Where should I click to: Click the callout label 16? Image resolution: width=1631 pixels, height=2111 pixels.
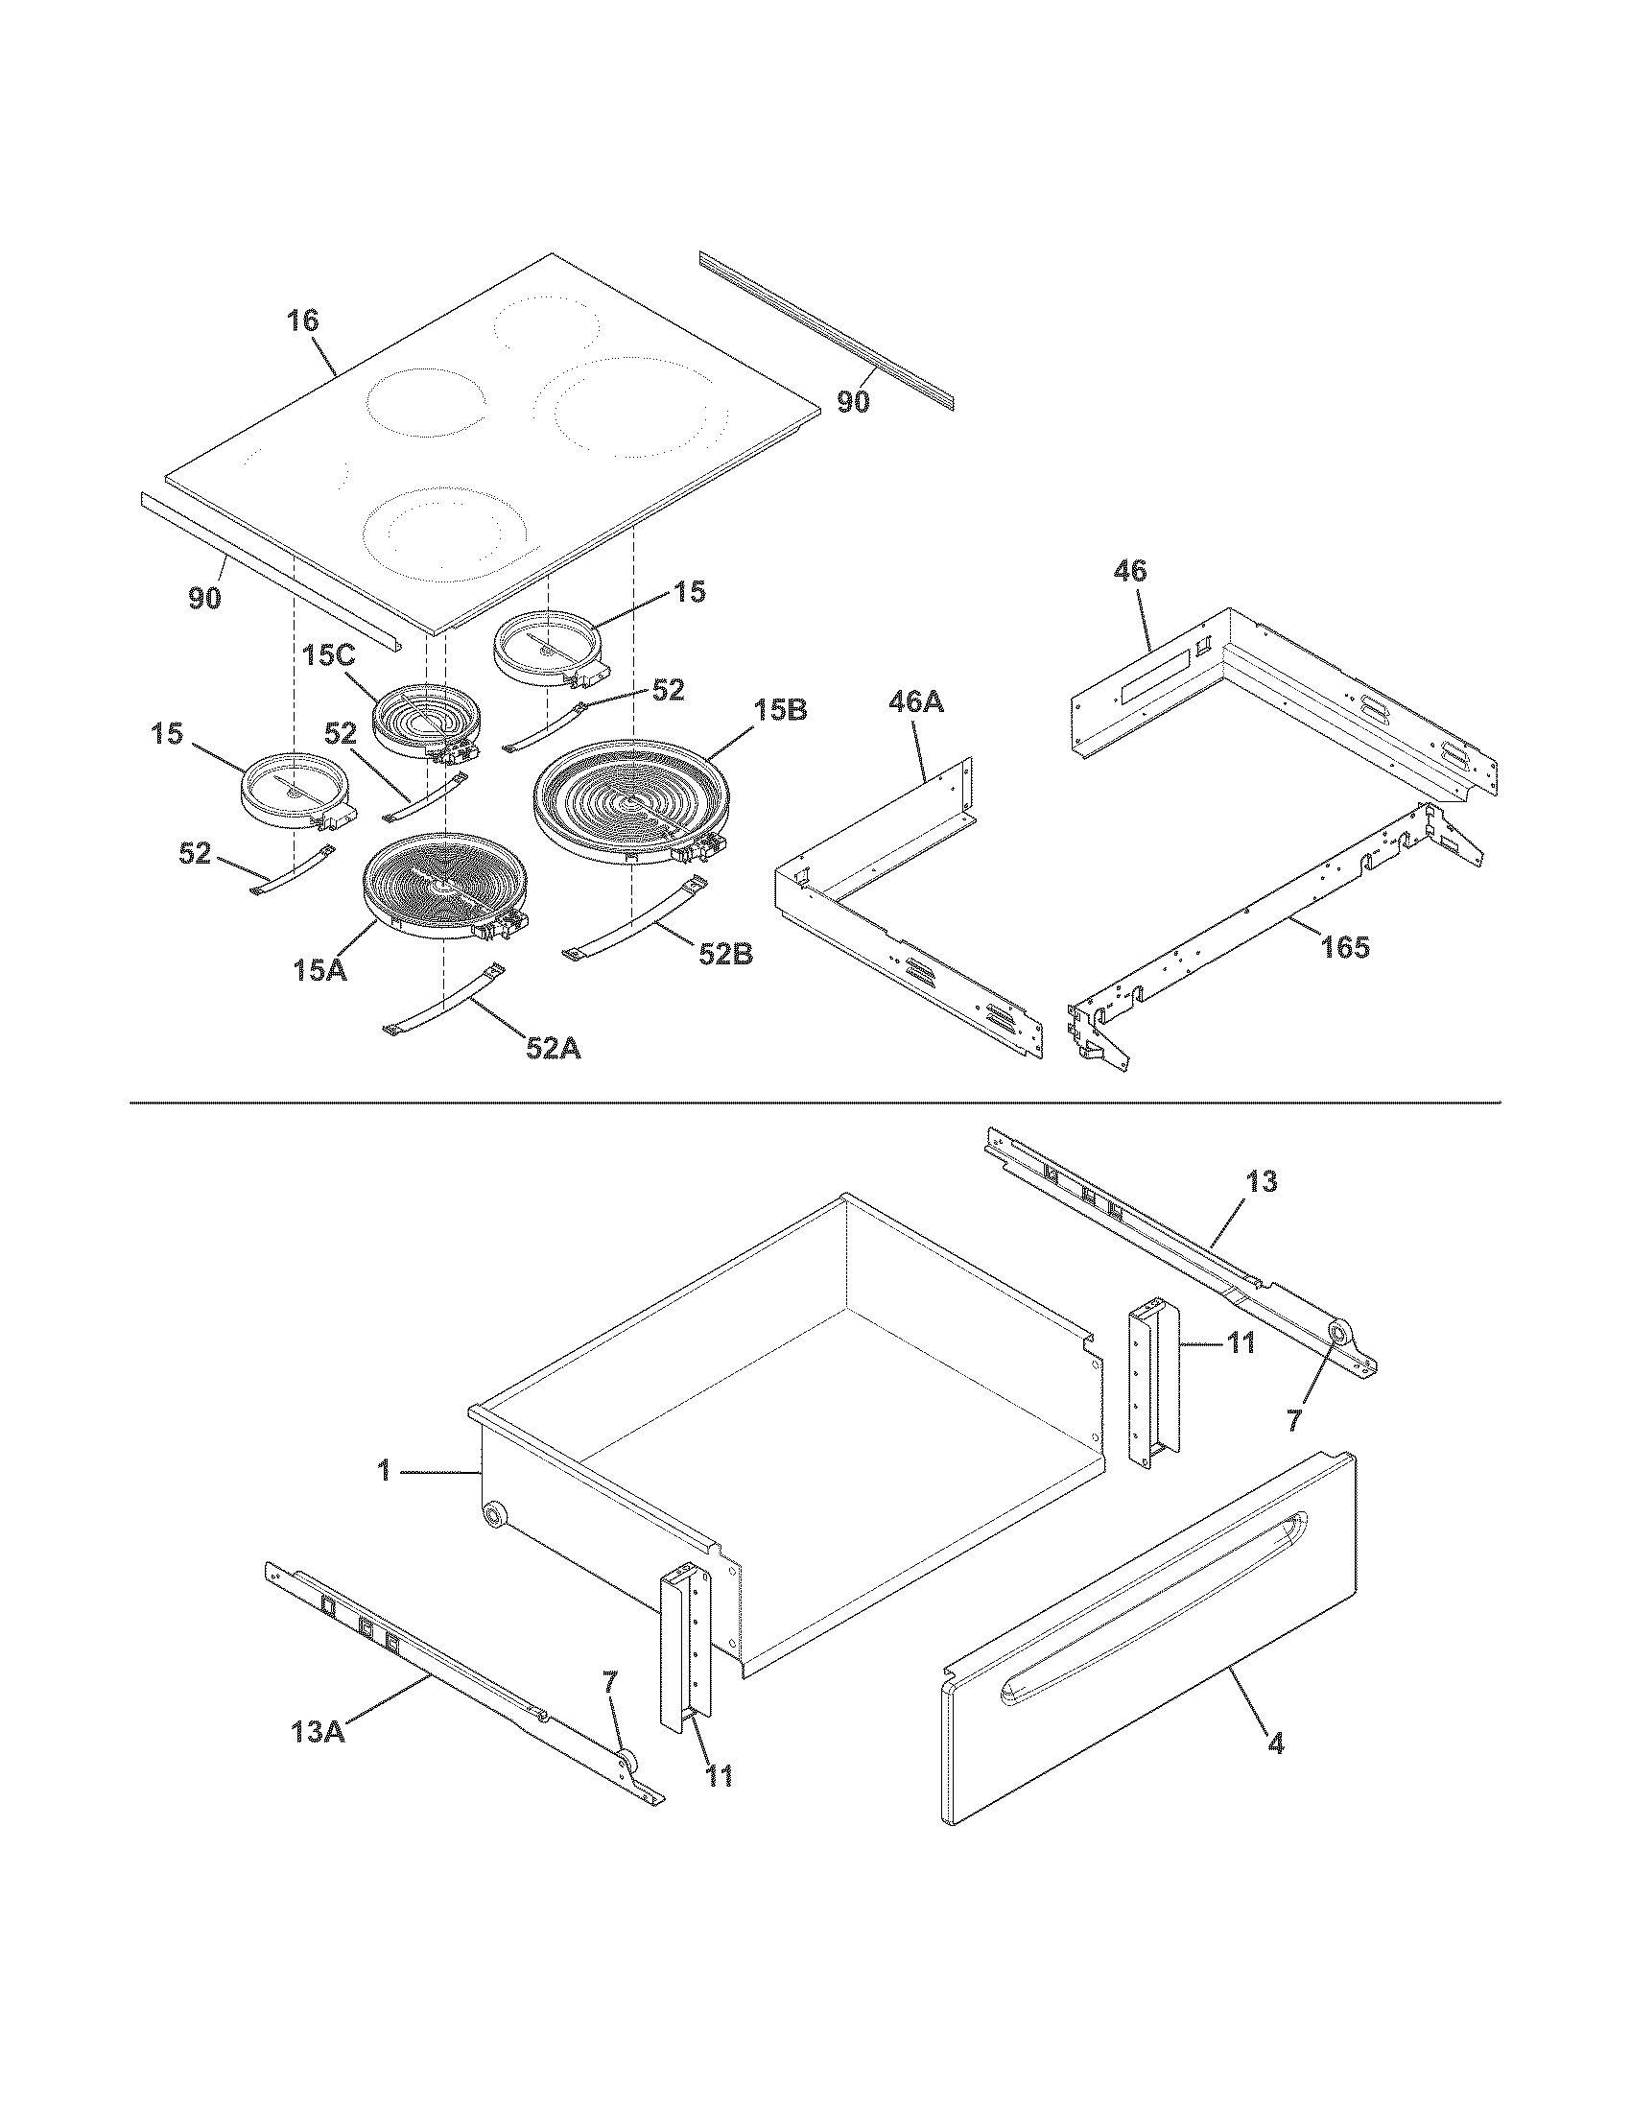pos(302,320)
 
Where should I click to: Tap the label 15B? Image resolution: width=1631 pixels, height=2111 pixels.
pos(780,710)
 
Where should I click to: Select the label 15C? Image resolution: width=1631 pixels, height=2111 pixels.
pos(328,655)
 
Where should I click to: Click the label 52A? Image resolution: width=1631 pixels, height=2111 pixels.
pos(553,1048)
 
